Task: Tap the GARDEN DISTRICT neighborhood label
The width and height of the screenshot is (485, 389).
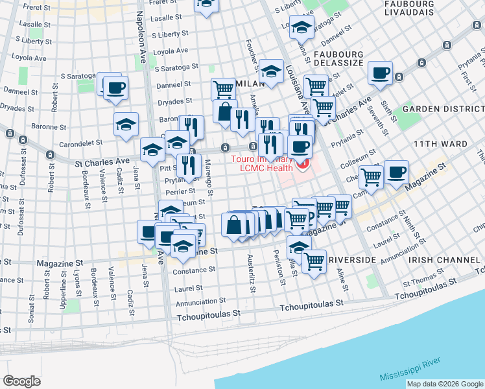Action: (x=442, y=109)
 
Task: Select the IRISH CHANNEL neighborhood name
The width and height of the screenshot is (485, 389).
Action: (x=444, y=259)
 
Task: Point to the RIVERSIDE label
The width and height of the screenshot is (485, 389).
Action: (x=352, y=259)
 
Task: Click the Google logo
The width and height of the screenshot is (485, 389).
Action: (x=22, y=381)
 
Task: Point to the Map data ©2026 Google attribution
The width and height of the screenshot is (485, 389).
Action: (x=444, y=384)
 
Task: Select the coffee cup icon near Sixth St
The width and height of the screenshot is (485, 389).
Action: (x=380, y=72)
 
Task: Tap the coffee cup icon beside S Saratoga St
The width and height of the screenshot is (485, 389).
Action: (x=115, y=87)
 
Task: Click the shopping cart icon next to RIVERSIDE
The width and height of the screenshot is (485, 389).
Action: (x=314, y=262)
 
